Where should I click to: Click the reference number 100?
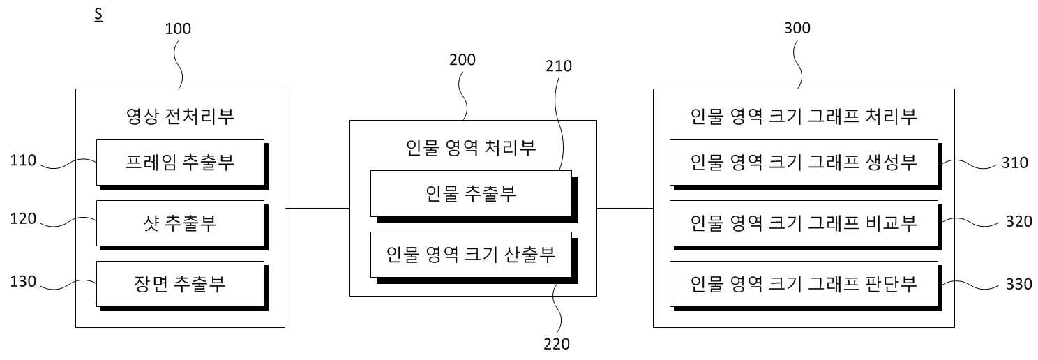[178, 29]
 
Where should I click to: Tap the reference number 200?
[462, 60]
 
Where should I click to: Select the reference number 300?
[797, 28]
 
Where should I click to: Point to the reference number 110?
[23, 160]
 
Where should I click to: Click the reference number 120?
[23, 218]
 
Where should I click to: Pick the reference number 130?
[23, 281]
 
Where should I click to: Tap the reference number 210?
[558, 66]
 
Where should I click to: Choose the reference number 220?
[557, 344]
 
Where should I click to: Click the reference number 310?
[1015, 163]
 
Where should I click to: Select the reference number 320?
[1018, 221]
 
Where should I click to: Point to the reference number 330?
[1018, 283]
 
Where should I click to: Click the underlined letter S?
[98, 15]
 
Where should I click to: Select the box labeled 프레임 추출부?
[182, 164]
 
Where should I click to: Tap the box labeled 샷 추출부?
[182, 225]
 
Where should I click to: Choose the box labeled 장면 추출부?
[182, 286]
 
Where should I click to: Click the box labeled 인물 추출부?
[474, 197]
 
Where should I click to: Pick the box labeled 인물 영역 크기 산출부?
[474, 257]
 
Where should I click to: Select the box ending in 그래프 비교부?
[806, 225]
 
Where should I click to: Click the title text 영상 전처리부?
[180, 116]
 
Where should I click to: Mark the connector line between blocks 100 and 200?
[317, 208]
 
